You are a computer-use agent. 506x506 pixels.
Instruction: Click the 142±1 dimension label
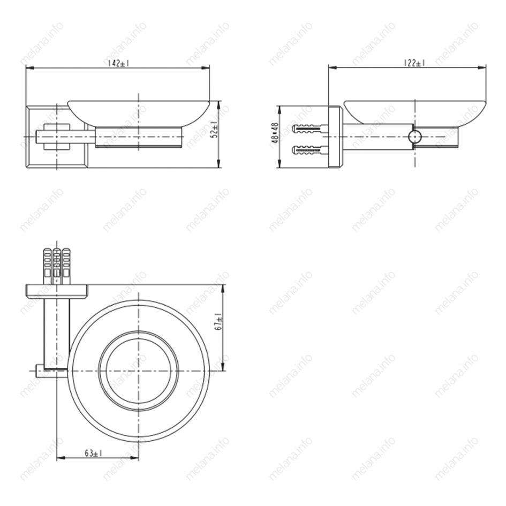click(x=118, y=63)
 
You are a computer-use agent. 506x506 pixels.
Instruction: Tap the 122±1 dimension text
click(x=414, y=63)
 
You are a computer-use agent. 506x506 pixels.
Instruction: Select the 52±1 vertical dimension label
click(x=215, y=130)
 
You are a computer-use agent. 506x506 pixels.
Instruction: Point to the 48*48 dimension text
click(x=275, y=133)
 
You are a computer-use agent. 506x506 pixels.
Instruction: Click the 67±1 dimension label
click(x=219, y=321)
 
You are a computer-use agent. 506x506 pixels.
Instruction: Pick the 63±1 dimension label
click(x=94, y=453)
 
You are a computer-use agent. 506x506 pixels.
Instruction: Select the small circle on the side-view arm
click(x=414, y=137)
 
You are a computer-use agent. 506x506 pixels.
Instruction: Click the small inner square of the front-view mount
click(x=56, y=137)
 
